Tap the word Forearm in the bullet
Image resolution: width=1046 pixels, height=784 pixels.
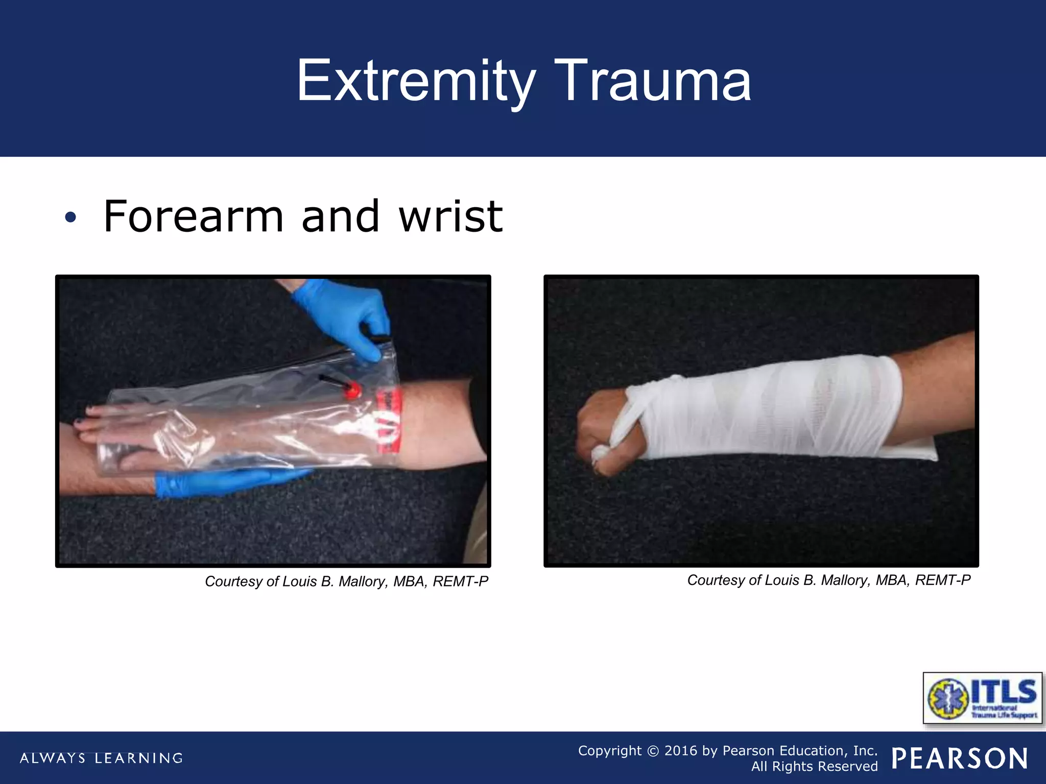point(193,217)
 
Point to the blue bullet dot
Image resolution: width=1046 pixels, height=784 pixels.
point(70,218)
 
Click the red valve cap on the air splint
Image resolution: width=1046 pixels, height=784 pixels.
point(352,391)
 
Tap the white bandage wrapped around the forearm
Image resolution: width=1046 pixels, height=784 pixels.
point(766,408)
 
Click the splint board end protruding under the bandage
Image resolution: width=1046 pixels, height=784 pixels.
point(919,452)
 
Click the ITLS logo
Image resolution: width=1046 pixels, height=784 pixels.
point(983,698)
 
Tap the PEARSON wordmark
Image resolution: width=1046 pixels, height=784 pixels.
point(960,758)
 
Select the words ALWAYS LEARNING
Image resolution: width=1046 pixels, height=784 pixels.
point(101,758)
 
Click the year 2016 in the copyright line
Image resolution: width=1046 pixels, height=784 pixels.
point(680,751)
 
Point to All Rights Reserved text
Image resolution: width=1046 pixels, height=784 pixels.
point(814,767)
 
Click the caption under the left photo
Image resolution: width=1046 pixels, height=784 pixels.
point(346,581)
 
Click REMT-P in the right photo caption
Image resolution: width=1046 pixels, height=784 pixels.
point(942,580)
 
